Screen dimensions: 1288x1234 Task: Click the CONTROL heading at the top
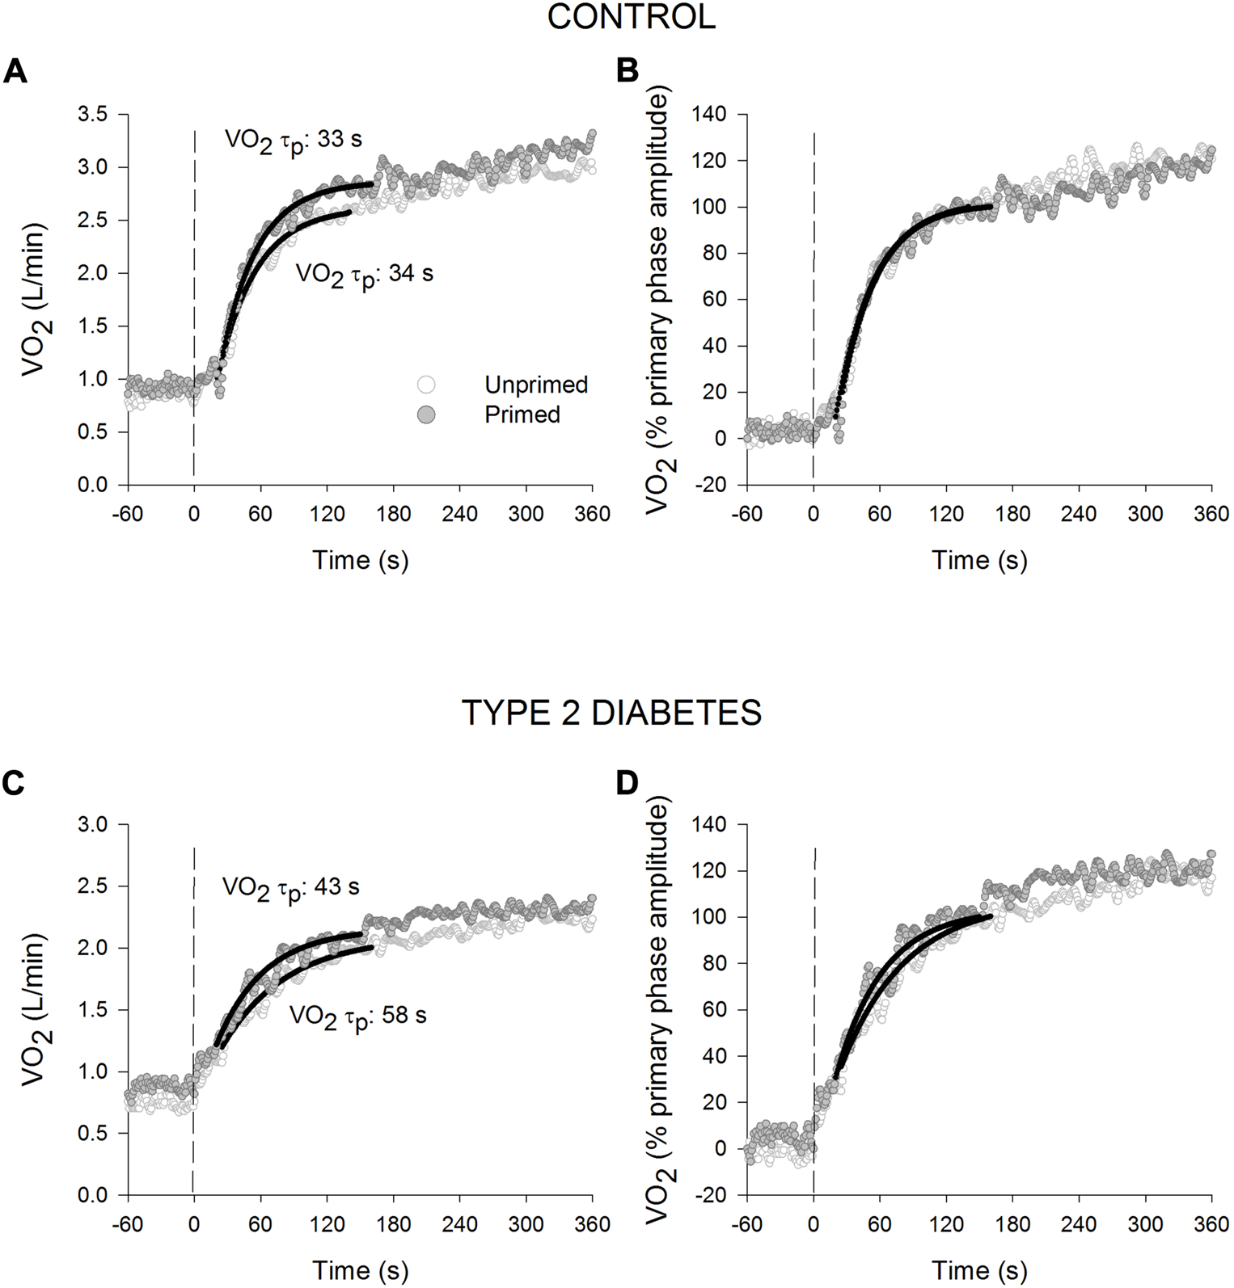click(x=631, y=17)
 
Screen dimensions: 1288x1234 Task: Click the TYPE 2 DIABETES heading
click(x=611, y=713)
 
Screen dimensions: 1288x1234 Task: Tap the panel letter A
click(x=15, y=73)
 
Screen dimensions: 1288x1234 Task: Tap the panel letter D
click(x=628, y=783)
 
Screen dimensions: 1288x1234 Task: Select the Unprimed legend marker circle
click(x=425, y=385)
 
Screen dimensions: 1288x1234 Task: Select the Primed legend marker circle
click(x=425, y=415)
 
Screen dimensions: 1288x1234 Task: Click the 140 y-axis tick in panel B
click(x=708, y=115)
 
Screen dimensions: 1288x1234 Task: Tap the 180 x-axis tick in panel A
click(x=393, y=515)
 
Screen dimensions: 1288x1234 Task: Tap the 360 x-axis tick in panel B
click(x=1211, y=515)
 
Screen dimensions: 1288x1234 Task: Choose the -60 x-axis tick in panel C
click(x=127, y=1225)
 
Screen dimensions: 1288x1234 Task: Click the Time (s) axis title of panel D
click(x=979, y=1271)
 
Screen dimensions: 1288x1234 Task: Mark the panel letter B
click(x=628, y=73)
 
